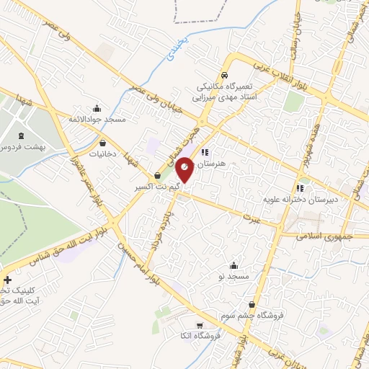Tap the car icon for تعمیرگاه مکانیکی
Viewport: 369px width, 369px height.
click(225, 75)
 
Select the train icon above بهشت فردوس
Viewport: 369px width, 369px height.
click(19, 135)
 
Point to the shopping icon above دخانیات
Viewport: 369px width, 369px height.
click(104, 142)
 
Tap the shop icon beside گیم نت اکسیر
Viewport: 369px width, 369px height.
click(157, 175)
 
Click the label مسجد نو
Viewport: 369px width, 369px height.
click(234, 277)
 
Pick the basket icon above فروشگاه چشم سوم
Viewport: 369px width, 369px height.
click(252, 304)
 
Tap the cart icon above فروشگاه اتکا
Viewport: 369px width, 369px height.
click(200, 325)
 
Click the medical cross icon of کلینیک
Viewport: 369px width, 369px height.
click(7, 280)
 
